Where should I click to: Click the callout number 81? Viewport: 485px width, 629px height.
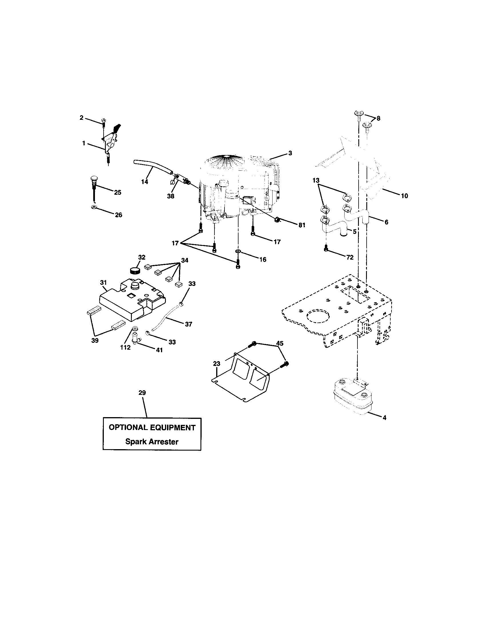(301, 225)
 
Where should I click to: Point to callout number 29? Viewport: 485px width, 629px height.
(142, 393)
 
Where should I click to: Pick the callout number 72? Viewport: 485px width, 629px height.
(350, 258)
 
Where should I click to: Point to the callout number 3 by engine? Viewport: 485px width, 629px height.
(290, 153)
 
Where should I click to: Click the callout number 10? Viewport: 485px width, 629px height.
(404, 196)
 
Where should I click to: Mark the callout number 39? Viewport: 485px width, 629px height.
(95, 341)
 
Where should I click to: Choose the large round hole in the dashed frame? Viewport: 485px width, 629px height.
(318, 316)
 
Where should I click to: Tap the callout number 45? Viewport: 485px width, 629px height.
(279, 343)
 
